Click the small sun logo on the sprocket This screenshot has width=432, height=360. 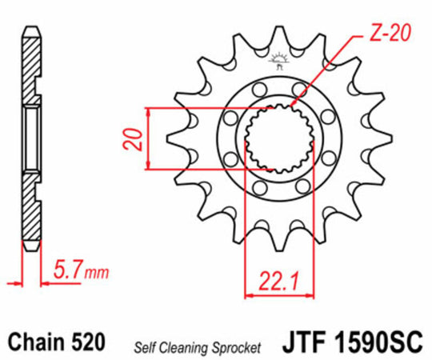[x=279, y=58]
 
